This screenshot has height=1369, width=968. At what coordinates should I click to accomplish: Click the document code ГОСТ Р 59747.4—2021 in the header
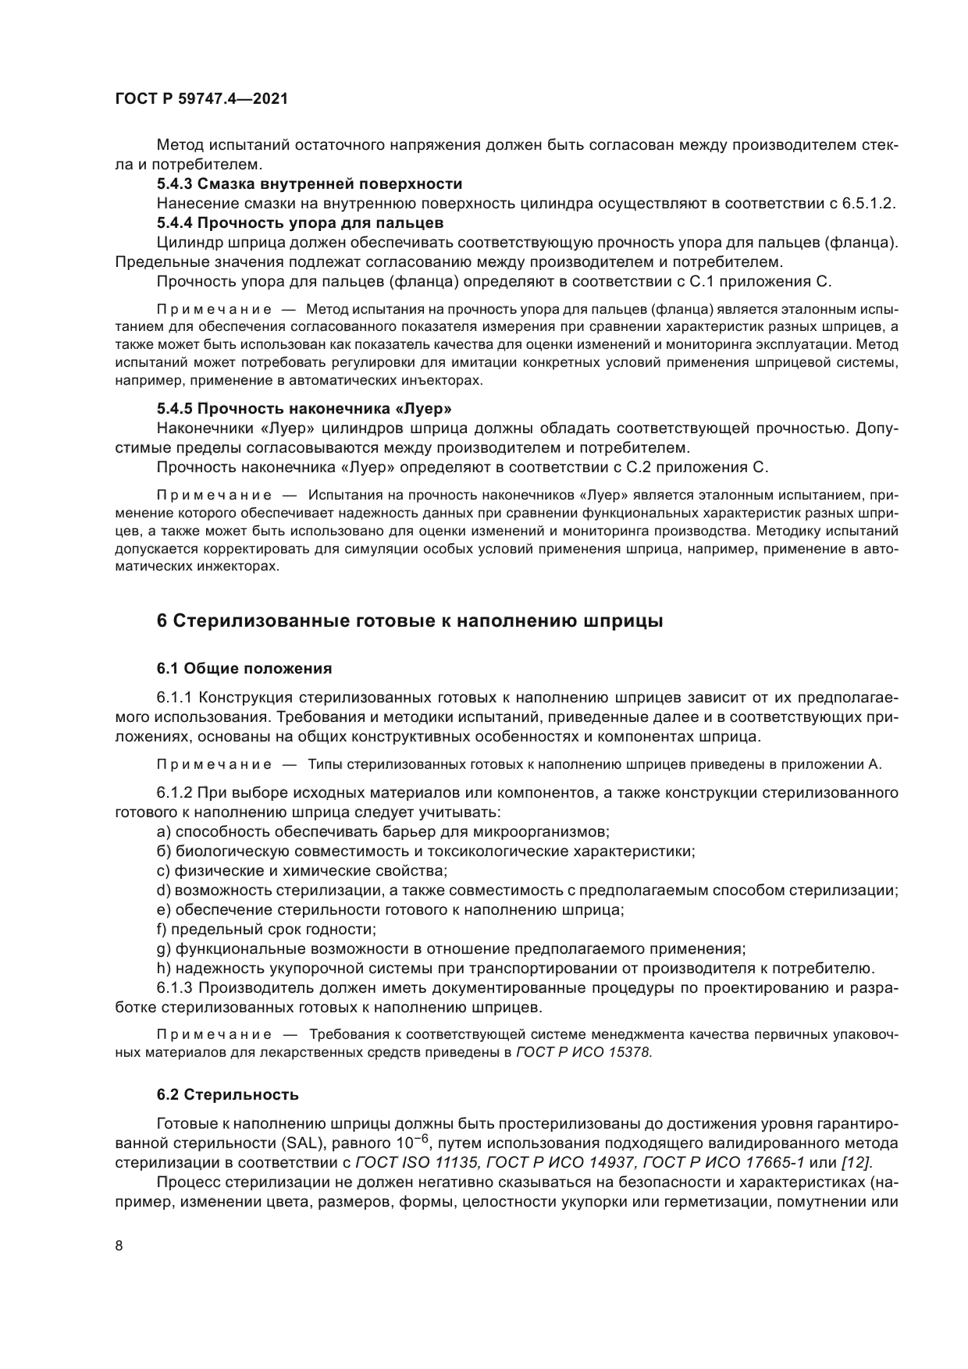coord(201,99)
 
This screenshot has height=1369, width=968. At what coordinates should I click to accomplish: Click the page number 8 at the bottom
coord(119,1246)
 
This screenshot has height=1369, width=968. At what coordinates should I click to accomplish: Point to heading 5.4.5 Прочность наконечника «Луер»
coord(304,408)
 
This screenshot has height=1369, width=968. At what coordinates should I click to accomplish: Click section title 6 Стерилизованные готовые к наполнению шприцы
coord(410,621)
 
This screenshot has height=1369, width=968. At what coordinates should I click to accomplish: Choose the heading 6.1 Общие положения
coord(244,668)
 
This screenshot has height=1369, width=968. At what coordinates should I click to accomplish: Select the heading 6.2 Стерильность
coord(227,1094)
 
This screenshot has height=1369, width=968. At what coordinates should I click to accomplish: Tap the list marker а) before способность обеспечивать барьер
coord(164,832)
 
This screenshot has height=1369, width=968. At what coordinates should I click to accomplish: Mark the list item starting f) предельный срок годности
coord(266,930)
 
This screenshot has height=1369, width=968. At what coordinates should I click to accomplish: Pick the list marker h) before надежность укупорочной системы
coord(164,969)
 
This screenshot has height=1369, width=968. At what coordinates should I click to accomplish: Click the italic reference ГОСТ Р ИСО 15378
coord(582,1052)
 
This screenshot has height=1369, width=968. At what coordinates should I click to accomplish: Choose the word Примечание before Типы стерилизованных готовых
coord(214,764)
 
